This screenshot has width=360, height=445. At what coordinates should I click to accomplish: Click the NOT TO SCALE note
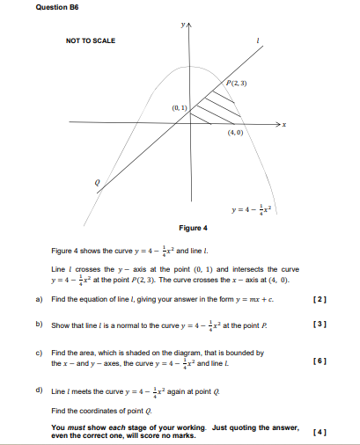91,41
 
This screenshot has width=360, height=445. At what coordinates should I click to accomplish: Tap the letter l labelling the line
257,40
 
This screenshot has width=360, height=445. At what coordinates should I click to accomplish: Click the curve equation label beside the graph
253,209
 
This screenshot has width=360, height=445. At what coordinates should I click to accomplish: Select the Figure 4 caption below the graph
193,228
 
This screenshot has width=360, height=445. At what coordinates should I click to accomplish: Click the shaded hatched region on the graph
216,104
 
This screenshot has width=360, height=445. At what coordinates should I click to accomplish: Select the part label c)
39,352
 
